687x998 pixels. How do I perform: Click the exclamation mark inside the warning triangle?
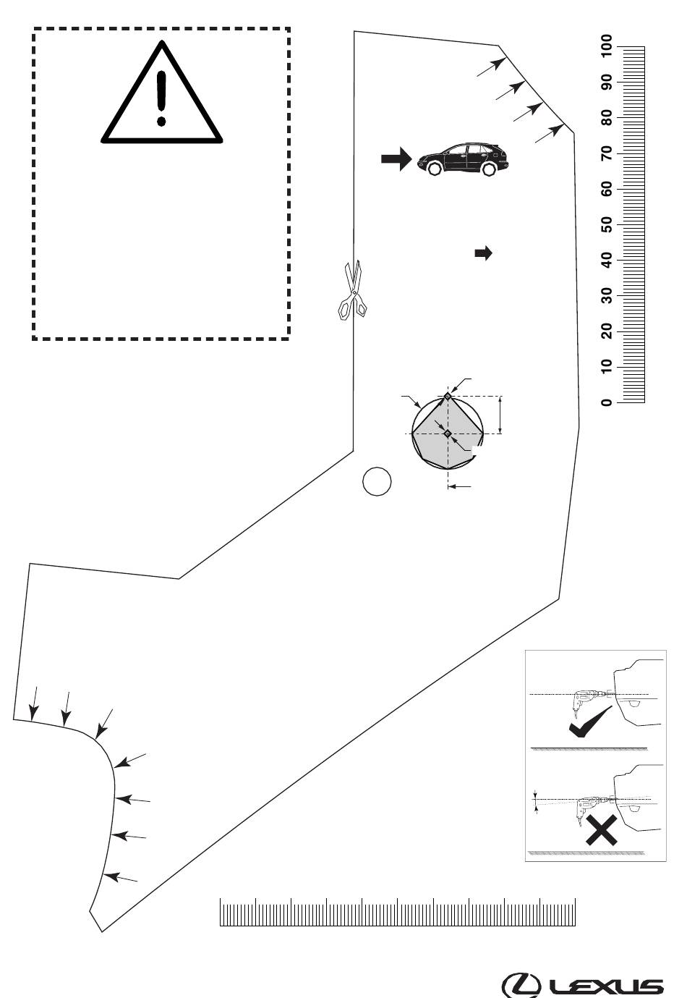tap(161, 98)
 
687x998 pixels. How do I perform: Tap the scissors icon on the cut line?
tap(353, 290)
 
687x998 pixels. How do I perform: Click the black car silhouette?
tap(463, 159)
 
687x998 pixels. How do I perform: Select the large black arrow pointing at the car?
tap(396, 158)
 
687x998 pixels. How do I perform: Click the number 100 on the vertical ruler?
tap(607, 46)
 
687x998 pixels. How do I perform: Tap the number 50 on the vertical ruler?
tap(607, 226)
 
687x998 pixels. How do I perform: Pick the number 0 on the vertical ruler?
tap(607, 402)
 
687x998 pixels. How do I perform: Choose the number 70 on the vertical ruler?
tap(607, 154)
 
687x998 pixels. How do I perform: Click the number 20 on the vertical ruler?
tap(607, 331)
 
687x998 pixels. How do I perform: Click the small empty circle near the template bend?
tap(377, 481)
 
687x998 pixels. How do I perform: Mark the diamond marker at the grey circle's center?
tap(448, 434)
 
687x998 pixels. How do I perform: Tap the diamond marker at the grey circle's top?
tap(448, 396)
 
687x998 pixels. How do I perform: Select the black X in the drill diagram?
tap(602, 829)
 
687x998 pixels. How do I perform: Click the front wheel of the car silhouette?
tap(433, 169)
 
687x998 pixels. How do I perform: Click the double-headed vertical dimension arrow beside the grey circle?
tap(500, 415)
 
